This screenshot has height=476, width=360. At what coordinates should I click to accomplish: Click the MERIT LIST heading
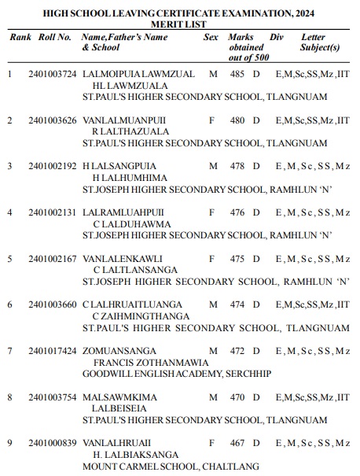coord(179,25)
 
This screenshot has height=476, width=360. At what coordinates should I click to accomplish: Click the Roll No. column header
coord(54,37)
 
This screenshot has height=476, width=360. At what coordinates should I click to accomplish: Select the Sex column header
coord(211,37)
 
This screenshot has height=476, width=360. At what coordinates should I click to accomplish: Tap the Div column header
coord(276,37)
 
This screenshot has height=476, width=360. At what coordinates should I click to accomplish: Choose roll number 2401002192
coord(52,166)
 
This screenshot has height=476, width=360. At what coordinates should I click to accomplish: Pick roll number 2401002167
coord(52,259)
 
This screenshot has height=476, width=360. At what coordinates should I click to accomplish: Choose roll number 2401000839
coord(52,444)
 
